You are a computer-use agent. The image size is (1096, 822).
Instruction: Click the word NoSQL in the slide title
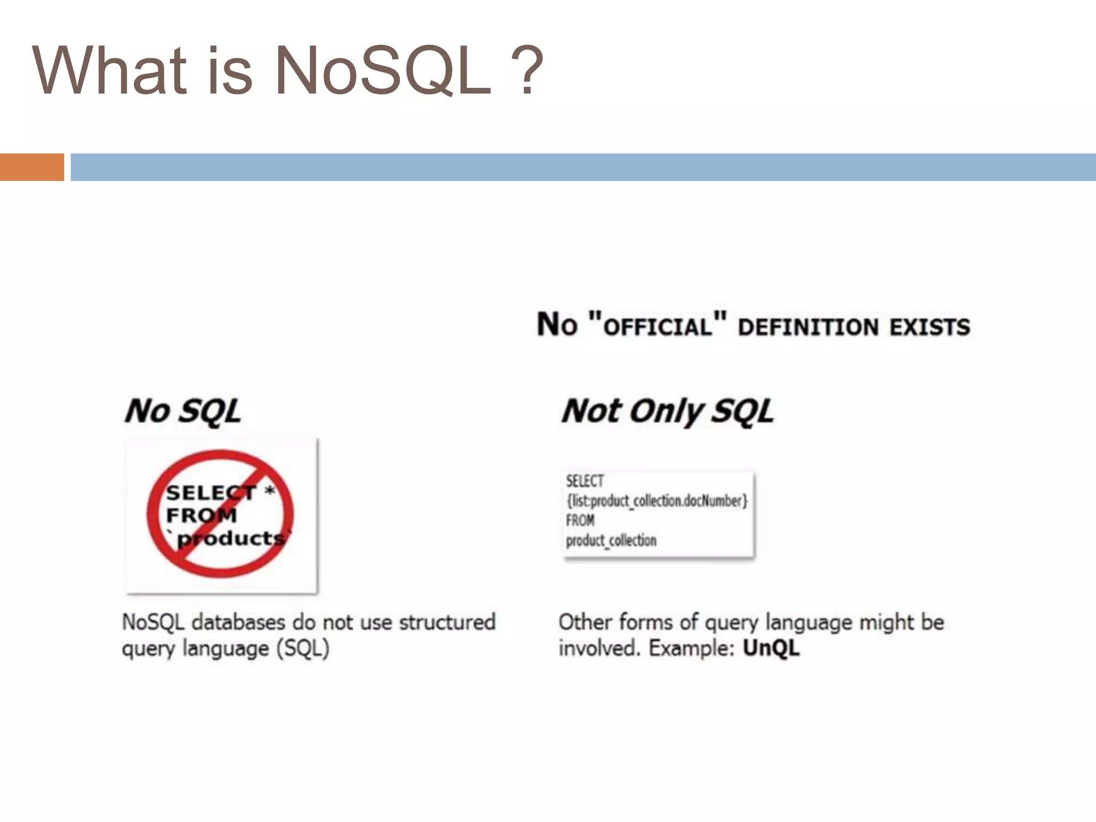[382, 71]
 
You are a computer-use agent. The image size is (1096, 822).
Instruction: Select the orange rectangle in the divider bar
[32, 167]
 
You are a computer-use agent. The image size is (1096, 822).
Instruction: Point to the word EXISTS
[930, 327]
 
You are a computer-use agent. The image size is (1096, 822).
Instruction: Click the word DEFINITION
[808, 327]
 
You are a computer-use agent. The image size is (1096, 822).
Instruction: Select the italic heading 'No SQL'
[183, 412]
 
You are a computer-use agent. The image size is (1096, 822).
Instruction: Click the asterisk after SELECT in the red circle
[270, 490]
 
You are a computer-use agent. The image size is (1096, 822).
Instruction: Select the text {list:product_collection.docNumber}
[657, 501]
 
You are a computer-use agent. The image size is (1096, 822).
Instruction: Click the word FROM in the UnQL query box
[580, 520]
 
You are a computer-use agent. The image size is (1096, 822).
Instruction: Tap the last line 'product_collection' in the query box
[611, 541]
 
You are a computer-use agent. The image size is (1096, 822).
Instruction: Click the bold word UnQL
[771, 648]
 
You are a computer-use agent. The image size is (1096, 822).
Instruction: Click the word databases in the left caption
[239, 622]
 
